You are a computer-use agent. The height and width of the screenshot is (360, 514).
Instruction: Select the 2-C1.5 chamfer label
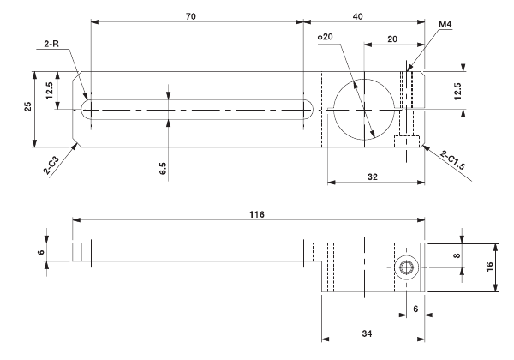click(x=455, y=160)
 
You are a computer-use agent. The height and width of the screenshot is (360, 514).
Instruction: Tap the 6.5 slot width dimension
click(x=163, y=166)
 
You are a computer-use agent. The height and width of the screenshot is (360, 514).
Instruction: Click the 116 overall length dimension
click(x=251, y=212)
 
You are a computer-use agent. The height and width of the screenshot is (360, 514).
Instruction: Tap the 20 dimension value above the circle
click(x=392, y=39)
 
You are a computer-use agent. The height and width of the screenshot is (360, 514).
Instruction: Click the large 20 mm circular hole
click(x=364, y=110)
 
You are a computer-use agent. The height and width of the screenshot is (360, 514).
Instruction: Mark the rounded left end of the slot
click(x=85, y=109)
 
